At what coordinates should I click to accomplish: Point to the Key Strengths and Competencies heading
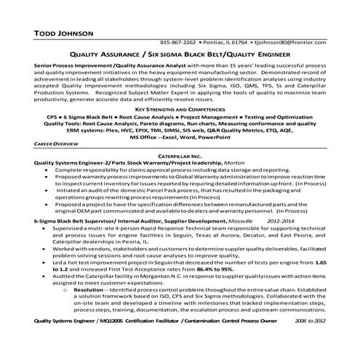pyautogui.click(x=180, y=108)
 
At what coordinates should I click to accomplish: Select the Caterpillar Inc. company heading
pyautogui.click(x=180, y=156)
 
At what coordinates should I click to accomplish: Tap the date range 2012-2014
pyautogui.click(x=281, y=219)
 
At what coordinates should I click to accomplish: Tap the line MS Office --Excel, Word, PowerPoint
pyautogui.click(x=180, y=136)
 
